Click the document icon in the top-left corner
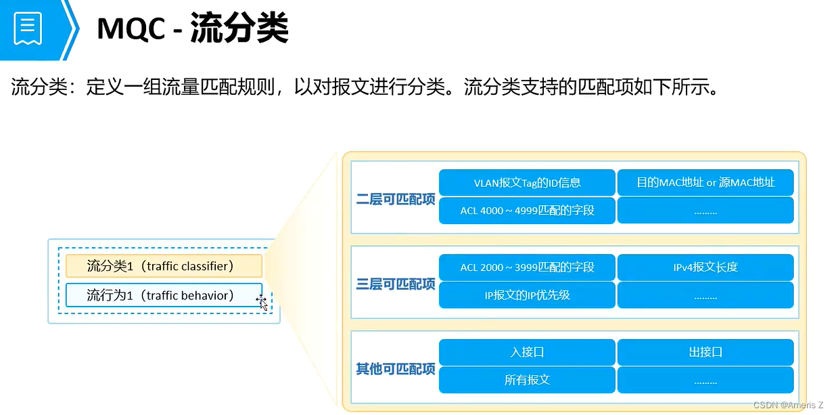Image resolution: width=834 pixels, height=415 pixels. coord(28,28)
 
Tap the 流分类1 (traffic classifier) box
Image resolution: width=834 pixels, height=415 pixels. coord(164,266)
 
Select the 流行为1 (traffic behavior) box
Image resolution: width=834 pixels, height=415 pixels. coord(164,295)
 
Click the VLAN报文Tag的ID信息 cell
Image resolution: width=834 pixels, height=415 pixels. coord(527,182)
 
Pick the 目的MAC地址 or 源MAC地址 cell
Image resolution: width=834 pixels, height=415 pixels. coord(705,182)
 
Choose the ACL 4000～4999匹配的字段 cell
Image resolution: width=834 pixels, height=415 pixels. coord(527,210)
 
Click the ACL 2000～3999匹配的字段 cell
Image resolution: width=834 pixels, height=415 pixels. coord(527,267)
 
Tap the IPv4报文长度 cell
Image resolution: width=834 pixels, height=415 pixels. coord(705,267)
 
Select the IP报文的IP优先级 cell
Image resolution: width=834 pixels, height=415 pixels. coord(527,295)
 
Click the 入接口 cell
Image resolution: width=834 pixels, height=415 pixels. coord(527,352)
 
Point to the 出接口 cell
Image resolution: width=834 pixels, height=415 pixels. coord(705,352)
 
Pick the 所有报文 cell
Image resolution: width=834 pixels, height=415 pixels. coord(527,380)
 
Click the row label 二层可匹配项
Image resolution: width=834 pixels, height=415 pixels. coord(396,200)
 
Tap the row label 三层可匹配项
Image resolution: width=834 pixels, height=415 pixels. coord(396,284)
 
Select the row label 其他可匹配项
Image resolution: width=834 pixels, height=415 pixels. coord(396,369)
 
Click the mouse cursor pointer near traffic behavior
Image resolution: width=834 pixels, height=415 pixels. coord(262,302)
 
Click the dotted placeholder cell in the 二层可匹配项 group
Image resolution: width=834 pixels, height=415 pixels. coord(705,211)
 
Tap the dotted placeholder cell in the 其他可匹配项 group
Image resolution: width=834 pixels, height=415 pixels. coord(705,380)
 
